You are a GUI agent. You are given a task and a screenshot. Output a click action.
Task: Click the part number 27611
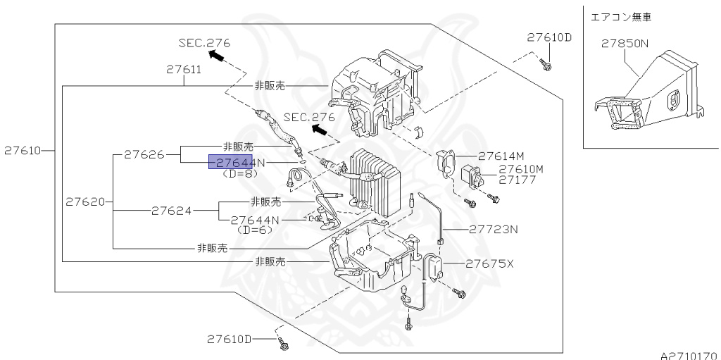184,70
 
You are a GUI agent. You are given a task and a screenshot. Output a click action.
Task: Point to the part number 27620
85,201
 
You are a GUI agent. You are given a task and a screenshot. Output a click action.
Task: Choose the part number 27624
173,209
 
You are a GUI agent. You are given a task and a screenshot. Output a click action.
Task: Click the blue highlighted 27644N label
237,163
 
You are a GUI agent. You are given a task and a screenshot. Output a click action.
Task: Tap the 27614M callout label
501,156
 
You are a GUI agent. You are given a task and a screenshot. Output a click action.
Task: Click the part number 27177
518,180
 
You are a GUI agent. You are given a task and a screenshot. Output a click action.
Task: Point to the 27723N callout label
494,229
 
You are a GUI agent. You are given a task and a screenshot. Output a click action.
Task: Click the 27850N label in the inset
625,43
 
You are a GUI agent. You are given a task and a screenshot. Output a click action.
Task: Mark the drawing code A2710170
689,355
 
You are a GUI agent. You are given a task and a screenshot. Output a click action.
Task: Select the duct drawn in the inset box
648,99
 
